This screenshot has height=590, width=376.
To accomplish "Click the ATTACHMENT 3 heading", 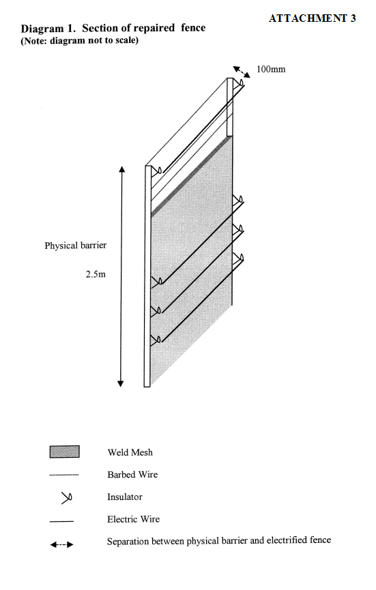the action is (x=312, y=18).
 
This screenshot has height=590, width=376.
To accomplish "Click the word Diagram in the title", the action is (x=42, y=29).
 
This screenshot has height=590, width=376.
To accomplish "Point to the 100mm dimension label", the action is (x=271, y=70).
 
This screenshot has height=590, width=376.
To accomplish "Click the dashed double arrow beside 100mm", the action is (x=242, y=72).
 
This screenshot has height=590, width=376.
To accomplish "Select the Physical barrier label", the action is (x=75, y=246).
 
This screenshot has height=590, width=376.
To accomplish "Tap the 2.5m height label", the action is (x=96, y=274).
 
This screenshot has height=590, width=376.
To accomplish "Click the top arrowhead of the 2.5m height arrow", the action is (x=121, y=169).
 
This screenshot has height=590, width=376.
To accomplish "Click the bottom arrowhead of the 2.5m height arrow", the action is (x=120, y=384).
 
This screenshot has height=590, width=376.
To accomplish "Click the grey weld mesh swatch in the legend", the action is (x=64, y=452).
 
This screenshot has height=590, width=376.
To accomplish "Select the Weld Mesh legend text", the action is (x=130, y=452).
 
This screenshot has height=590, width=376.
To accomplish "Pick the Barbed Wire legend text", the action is (x=132, y=475).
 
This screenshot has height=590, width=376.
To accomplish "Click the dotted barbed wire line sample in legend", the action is (x=64, y=475).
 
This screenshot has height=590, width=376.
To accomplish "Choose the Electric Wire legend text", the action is (x=133, y=519).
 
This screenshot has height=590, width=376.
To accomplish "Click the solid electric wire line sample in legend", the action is (x=61, y=522).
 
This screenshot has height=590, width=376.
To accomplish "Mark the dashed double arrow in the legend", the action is (x=61, y=544).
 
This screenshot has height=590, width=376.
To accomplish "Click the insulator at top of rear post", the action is (x=239, y=83).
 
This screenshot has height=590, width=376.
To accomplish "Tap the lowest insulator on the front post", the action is (x=156, y=340).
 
